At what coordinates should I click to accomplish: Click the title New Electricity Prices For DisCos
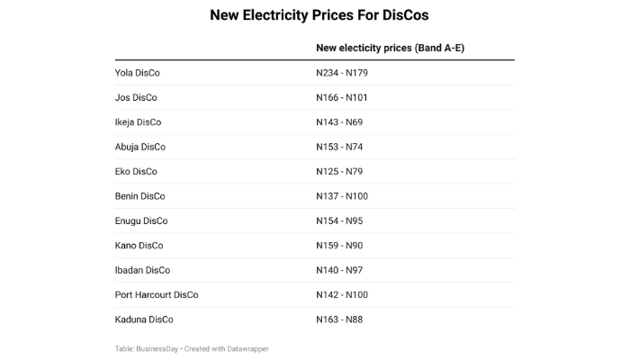[x=314, y=15]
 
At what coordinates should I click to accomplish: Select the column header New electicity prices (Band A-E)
[x=390, y=48]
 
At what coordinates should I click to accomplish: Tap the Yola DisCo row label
[x=137, y=73]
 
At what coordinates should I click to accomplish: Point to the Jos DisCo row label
[x=136, y=97]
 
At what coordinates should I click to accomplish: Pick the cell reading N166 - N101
[x=342, y=97]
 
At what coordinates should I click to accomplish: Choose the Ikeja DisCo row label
[x=138, y=122]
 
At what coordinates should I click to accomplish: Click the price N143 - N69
[x=339, y=122]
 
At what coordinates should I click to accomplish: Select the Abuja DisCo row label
[x=140, y=147]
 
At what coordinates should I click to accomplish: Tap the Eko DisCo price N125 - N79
[x=339, y=171]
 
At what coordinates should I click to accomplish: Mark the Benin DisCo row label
[x=139, y=196]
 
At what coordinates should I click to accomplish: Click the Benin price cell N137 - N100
[x=342, y=196]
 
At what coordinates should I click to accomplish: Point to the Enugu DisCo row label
[x=141, y=220]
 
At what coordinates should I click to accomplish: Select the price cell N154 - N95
[x=339, y=220]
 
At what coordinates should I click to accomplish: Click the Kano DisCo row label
[x=139, y=246]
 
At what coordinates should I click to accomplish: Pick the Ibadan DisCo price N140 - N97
[x=339, y=270]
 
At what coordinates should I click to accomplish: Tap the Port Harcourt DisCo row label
[x=157, y=295]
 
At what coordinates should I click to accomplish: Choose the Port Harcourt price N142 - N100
[x=342, y=295]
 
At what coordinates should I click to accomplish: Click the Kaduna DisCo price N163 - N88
[x=339, y=319]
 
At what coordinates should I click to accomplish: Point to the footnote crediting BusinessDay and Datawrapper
[x=192, y=348]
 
